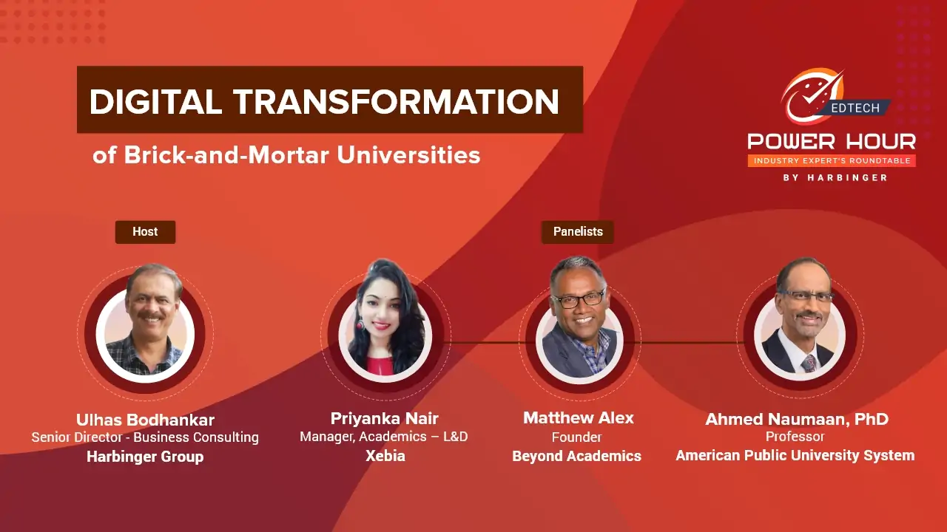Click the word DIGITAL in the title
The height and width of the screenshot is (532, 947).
click(155, 102)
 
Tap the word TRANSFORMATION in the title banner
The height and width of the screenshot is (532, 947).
click(397, 102)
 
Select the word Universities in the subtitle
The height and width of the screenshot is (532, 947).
click(408, 155)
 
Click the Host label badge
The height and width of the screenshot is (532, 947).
click(145, 232)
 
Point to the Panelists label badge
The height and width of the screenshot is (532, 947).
click(578, 232)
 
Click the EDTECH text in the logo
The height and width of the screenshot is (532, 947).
click(855, 108)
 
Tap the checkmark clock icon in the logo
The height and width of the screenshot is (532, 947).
click(812, 96)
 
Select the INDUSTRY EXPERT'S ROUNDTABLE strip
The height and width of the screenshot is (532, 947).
click(832, 161)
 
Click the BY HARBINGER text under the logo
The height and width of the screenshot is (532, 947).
click(835, 178)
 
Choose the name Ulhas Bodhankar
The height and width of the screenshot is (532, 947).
click(145, 420)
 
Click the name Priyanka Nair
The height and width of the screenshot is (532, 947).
click(384, 418)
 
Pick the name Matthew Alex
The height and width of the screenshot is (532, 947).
click(579, 417)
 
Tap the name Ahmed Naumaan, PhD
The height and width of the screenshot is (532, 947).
click(797, 419)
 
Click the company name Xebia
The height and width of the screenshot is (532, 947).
click(385, 456)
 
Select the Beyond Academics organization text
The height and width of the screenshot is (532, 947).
click(576, 456)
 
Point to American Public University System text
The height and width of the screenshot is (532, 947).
click(795, 455)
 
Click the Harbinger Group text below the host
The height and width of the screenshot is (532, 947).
click(145, 457)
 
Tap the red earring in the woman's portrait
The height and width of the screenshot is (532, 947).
click(360, 324)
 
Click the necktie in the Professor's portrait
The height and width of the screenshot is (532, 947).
click(809, 364)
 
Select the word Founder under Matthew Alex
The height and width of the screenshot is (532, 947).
click(576, 437)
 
